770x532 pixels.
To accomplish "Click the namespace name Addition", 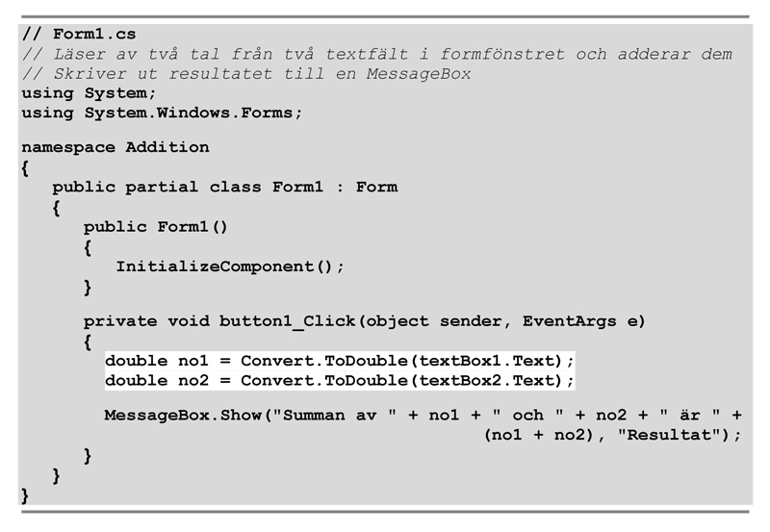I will [167, 147].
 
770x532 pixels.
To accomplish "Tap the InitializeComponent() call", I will [229, 266].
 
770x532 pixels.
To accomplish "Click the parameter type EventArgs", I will [577, 320].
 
